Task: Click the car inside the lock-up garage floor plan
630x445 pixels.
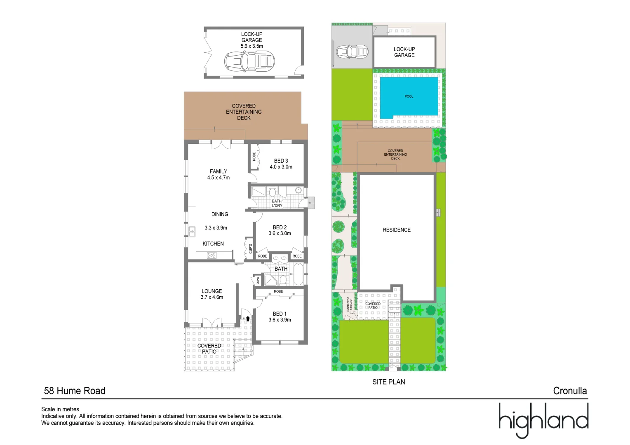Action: [249, 61]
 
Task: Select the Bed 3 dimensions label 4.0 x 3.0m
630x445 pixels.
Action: [281, 167]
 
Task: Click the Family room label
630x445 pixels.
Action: [218, 171]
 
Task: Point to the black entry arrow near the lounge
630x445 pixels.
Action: [248, 319]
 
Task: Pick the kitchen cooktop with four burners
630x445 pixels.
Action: [212, 255]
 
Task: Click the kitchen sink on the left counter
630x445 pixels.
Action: [192, 232]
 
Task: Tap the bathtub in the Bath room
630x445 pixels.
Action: [298, 274]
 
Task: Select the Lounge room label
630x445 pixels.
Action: [212, 291]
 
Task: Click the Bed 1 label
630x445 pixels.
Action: [280, 314]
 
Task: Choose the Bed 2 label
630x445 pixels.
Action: [280, 227]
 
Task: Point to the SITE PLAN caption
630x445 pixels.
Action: [388, 382]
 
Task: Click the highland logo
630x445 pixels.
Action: [543, 419]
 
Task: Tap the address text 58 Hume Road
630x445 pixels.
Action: [75, 391]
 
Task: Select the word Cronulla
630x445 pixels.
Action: [570, 391]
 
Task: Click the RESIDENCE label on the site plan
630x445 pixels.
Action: [397, 230]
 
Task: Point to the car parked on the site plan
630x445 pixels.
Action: [352, 52]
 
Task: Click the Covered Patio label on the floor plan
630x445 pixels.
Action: [209, 349]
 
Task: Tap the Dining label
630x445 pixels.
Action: [220, 214]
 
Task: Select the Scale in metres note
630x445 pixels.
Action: [61, 409]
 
